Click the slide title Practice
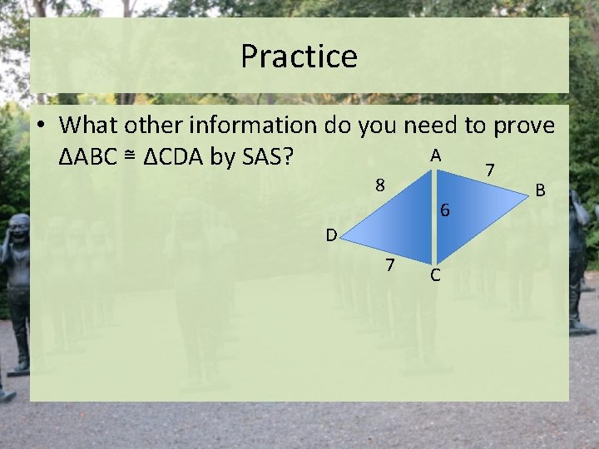pos(299,57)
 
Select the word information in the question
pos(252,126)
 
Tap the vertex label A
pos(435,155)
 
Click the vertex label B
pos(540,191)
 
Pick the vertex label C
pos(436,276)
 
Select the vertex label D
pos(331,235)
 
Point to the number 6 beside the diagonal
pos(445,211)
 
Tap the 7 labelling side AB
pos(491,170)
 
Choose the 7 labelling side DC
pos(389,266)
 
